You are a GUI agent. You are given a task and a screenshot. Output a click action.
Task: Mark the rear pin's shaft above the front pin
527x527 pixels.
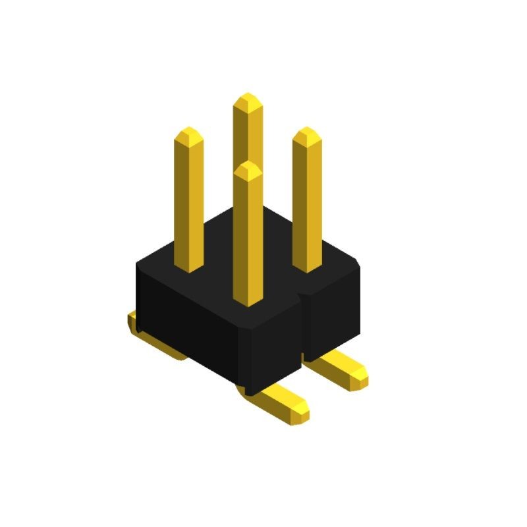248,138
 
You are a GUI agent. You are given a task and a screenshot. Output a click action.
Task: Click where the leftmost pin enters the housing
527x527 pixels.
190,267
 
